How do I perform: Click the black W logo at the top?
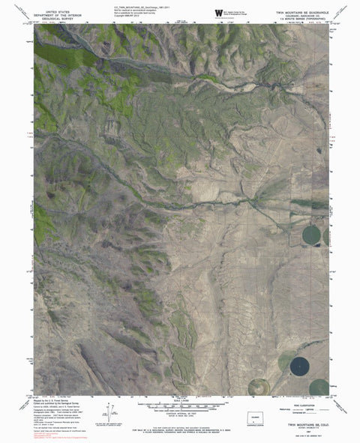click(x=219, y=13)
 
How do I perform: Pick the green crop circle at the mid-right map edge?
click(x=310, y=235)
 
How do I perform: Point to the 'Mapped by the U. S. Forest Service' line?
click(x=52, y=402)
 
